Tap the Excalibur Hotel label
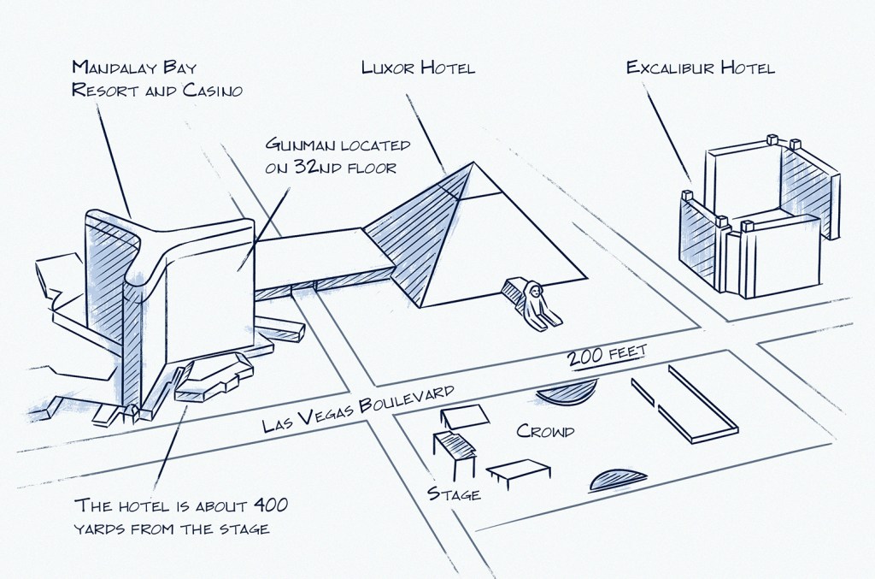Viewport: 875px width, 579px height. click(700, 68)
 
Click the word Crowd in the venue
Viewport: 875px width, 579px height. click(545, 431)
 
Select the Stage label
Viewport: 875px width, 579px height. click(453, 493)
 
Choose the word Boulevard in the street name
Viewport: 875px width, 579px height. click(408, 402)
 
